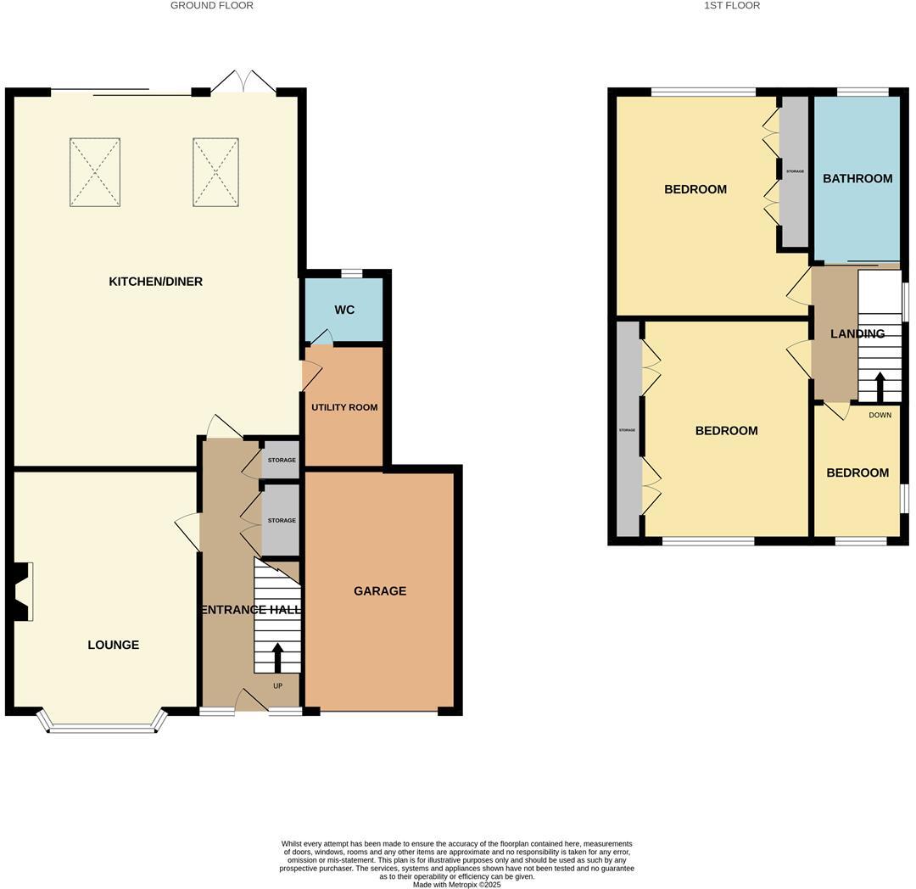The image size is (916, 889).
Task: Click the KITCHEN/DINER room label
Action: click(155, 282)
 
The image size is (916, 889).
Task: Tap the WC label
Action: click(343, 310)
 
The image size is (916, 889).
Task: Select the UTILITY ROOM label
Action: click(344, 407)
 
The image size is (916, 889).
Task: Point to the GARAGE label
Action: click(380, 591)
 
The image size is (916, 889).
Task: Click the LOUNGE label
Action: click(113, 645)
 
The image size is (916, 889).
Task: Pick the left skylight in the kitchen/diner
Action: click(94, 172)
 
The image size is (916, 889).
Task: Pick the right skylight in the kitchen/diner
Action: click(215, 172)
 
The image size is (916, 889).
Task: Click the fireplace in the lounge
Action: click(23, 591)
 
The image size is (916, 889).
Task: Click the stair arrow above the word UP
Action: click(277, 657)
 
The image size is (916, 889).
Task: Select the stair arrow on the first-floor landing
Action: click(880, 387)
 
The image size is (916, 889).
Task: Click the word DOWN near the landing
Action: click(880, 415)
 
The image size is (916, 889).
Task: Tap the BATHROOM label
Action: click(857, 179)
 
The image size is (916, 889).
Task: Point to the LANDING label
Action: click(857, 334)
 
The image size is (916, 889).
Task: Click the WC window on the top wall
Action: click(352, 273)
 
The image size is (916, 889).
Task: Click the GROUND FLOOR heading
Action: click(212, 6)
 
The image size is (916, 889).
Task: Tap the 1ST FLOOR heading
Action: click(732, 6)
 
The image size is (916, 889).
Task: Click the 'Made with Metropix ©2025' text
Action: click(457, 884)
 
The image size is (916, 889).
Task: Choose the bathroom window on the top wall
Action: click(863, 92)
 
